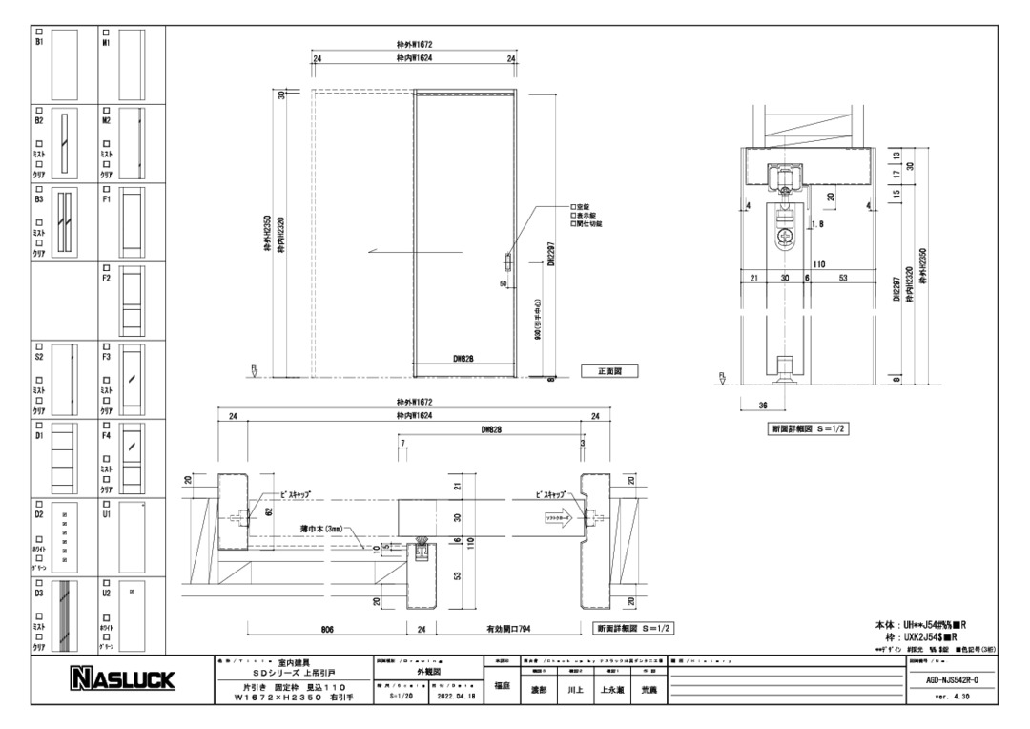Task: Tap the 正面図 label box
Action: coord(609,371)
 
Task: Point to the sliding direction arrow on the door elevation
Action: coord(388,252)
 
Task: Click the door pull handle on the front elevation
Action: coord(507,260)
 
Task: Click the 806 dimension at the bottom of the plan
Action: coord(326,629)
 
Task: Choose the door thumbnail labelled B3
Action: coord(65,224)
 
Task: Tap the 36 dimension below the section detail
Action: coord(762,405)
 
